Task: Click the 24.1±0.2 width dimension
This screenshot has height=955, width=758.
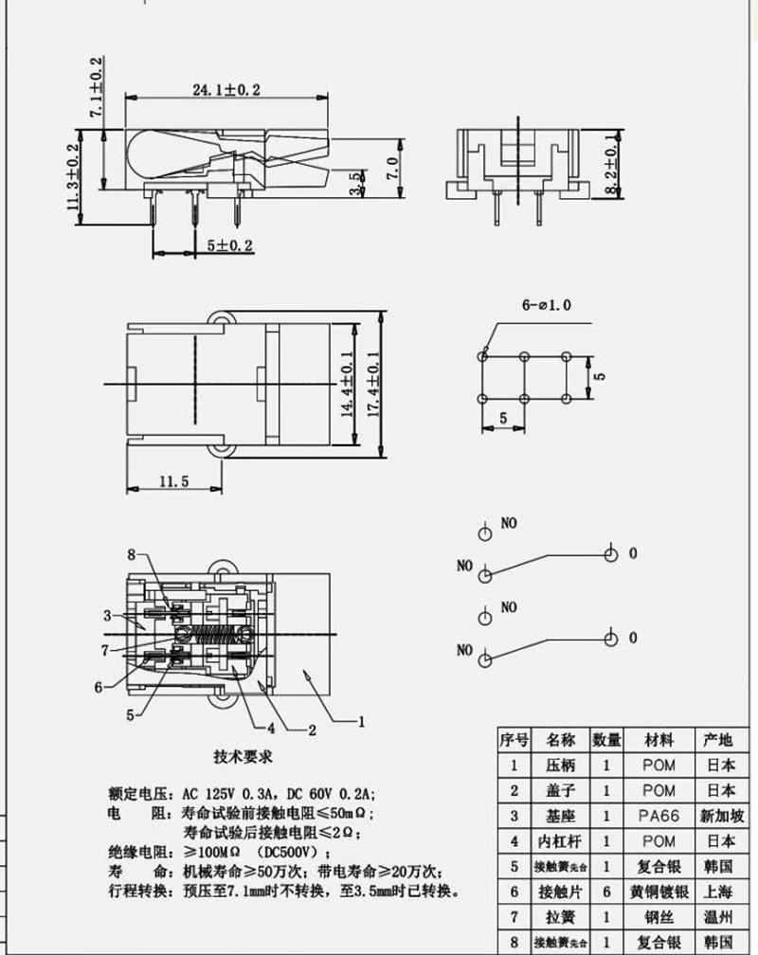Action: tap(226, 89)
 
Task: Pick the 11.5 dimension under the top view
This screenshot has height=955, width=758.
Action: tap(173, 481)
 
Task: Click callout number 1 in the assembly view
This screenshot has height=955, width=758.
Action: tap(360, 721)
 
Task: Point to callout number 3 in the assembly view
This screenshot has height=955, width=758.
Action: tap(107, 615)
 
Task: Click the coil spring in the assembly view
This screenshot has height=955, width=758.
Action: tap(215, 633)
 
